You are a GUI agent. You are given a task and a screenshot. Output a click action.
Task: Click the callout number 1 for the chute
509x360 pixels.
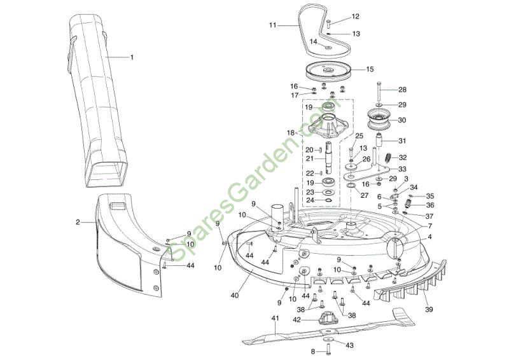(132, 57)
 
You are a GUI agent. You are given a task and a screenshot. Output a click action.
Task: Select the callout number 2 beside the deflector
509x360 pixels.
(78, 222)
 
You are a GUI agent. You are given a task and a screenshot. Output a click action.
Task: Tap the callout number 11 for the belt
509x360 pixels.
(273, 25)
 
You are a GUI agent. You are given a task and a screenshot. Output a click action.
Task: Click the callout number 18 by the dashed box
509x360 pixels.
(291, 132)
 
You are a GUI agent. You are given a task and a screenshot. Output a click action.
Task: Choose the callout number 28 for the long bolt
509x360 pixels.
(402, 90)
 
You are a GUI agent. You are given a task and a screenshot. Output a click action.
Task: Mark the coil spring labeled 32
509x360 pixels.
(387, 156)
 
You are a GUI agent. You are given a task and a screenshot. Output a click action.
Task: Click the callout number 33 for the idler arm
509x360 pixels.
(402, 169)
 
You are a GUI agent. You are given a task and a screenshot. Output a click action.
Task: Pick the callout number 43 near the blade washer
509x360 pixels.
(349, 345)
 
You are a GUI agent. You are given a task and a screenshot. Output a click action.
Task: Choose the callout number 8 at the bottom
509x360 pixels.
(312, 351)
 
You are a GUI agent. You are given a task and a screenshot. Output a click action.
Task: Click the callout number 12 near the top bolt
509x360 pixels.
(355, 17)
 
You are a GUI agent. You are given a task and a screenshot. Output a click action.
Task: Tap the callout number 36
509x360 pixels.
(430, 205)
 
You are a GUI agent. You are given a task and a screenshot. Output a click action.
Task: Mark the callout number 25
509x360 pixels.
(359, 136)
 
